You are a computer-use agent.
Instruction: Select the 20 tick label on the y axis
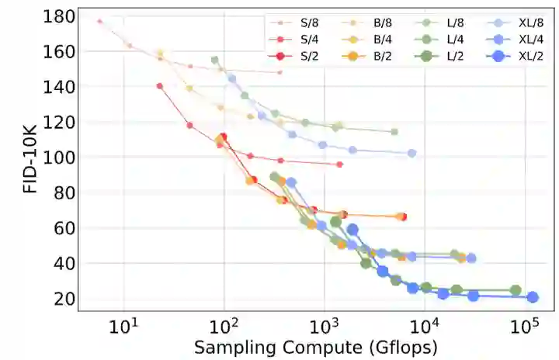coord(66,299)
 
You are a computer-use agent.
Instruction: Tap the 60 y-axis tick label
coord(66,228)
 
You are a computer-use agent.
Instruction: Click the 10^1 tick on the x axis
coord(124,330)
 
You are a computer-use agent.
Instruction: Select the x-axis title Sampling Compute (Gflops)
coord(316,347)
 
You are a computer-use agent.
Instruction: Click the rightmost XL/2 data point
coord(533,297)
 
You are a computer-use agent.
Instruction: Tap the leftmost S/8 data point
coord(99,21)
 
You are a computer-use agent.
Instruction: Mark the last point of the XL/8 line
coord(411,153)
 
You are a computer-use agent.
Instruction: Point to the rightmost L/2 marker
coord(515,290)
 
